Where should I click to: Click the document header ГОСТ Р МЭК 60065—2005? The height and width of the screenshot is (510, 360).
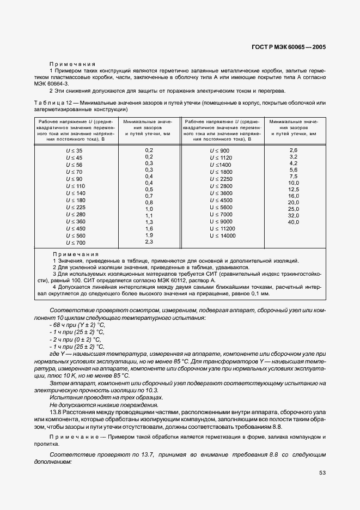click(x=295, y=47)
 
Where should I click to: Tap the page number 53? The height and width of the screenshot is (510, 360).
click(x=322, y=472)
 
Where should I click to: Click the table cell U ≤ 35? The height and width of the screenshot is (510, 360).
click(x=74, y=150)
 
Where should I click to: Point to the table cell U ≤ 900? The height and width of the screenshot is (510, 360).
click(x=220, y=150)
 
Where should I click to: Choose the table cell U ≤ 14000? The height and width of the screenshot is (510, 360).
click(x=223, y=235)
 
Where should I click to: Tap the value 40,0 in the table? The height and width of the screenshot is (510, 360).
click(x=294, y=222)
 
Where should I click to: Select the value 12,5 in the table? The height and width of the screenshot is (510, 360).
click(x=294, y=189)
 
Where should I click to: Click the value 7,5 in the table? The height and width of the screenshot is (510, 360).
click(x=294, y=176)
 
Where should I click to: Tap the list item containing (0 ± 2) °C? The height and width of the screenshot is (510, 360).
click(x=74, y=339)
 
